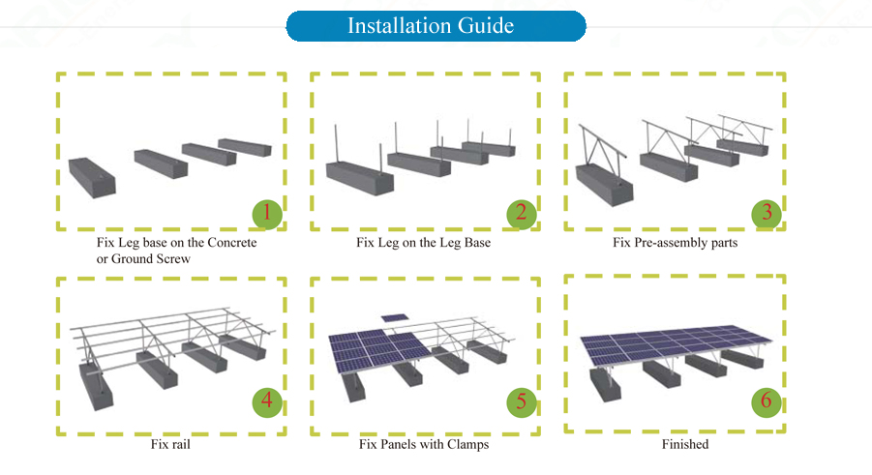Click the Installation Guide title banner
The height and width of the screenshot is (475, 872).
coord(436,26)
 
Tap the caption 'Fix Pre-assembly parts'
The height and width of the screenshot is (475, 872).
coord(675,243)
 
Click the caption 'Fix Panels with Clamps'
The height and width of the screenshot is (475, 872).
coord(423,445)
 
